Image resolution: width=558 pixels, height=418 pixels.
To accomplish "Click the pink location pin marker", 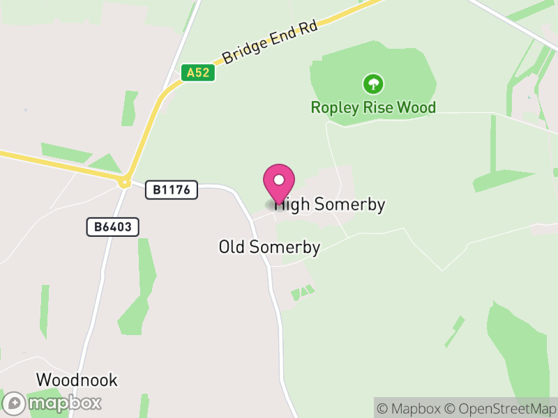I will click(279, 183).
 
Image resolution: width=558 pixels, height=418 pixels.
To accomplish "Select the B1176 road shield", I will click(172, 189).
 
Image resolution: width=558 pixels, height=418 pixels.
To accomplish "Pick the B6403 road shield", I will click(113, 226).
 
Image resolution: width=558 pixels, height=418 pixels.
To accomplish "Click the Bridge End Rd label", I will click(270, 42).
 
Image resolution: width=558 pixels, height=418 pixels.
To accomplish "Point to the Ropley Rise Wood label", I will click(373, 107).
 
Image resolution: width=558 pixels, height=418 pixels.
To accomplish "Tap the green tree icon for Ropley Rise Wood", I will click(373, 85).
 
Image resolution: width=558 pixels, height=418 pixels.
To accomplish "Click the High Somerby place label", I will click(331, 205).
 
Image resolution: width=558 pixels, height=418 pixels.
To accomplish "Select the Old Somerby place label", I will click(269, 247).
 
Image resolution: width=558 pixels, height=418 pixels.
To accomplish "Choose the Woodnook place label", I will click(77, 380).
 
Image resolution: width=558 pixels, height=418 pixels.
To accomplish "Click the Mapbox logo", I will click(53, 403).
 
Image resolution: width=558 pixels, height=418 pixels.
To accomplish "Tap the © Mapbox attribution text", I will click(410, 409).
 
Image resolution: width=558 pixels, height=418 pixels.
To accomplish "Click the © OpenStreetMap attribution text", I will click(501, 409).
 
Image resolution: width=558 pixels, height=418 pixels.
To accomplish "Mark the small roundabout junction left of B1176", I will click(124, 183).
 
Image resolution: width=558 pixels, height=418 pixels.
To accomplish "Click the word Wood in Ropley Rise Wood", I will click(416, 107).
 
